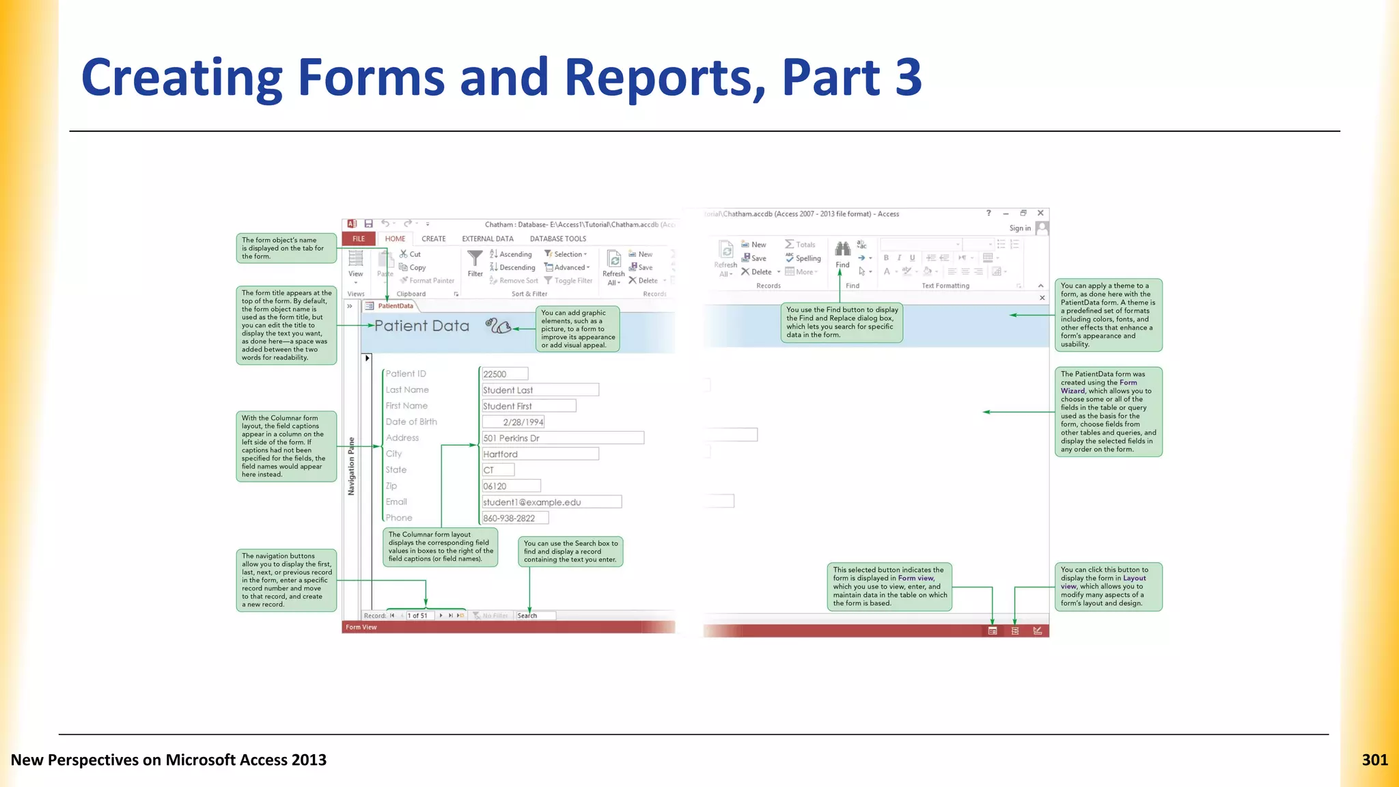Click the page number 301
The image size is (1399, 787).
click(x=1374, y=760)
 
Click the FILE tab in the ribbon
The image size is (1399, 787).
click(x=359, y=239)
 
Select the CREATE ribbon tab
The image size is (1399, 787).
click(x=434, y=239)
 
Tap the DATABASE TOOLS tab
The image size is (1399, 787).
click(x=558, y=239)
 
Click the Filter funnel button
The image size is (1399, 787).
click(x=475, y=263)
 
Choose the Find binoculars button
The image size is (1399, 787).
click(x=842, y=255)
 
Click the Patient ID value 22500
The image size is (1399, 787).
click(x=505, y=374)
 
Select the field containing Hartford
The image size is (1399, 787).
click(x=540, y=454)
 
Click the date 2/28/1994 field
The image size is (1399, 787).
click(x=513, y=422)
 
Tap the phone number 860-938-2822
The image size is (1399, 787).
click(x=515, y=519)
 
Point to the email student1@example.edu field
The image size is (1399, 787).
click(x=552, y=502)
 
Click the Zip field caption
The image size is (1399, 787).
click(x=391, y=486)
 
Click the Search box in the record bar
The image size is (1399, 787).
click(x=536, y=616)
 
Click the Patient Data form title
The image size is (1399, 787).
click(x=421, y=326)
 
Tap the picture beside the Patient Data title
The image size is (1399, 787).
click(x=498, y=326)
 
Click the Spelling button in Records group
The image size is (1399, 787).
click(x=803, y=258)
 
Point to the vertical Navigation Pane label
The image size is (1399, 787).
click(x=352, y=466)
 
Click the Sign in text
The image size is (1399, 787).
click(x=1020, y=228)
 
